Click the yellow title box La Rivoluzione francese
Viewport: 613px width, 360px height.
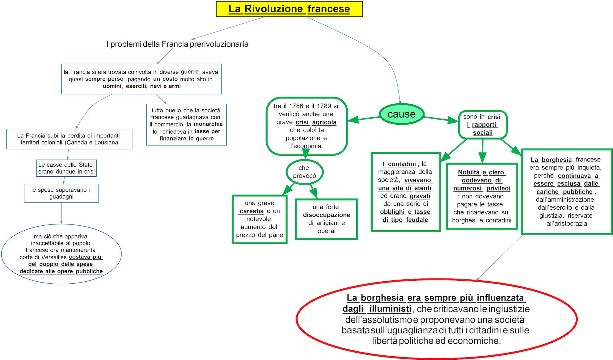[289, 9]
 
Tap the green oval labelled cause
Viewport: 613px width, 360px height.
[401, 114]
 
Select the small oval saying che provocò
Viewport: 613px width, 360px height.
[304, 172]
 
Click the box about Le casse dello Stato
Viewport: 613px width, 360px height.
[66, 168]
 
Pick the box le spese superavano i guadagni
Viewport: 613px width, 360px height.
[61, 193]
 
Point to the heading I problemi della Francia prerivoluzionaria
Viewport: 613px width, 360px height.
[177, 44]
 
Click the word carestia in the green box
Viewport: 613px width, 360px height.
[252, 211]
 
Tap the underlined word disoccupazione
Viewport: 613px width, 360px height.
[326, 215]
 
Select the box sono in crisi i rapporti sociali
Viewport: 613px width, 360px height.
[483, 125]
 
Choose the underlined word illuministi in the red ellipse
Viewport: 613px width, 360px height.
[390, 309]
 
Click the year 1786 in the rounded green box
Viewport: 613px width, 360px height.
[296, 106]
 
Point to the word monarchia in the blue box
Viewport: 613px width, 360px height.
[208, 124]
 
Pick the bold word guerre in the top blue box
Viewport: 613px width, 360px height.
[189, 72]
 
